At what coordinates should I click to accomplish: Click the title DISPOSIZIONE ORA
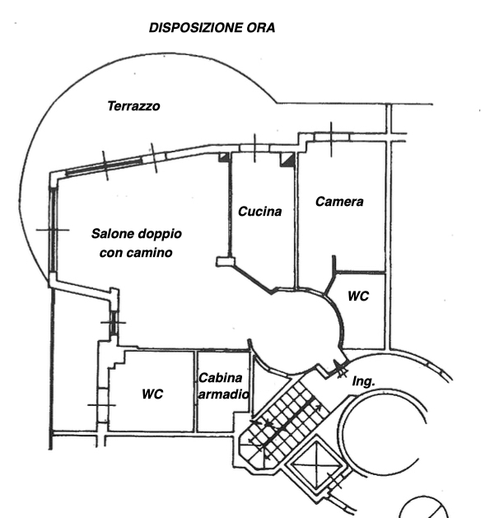pyautogui.click(x=212, y=27)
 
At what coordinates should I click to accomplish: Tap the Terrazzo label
pyautogui.click(x=133, y=106)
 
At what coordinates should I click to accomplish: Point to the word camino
pyautogui.click(x=152, y=254)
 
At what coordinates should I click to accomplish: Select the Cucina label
pyautogui.click(x=260, y=212)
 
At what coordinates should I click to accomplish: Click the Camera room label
pyautogui.click(x=339, y=201)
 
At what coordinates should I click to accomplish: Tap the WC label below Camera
pyautogui.click(x=358, y=296)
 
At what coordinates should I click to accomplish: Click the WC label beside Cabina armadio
pyautogui.click(x=152, y=394)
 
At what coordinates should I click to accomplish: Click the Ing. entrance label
pyautogui.click(x=363, y=382)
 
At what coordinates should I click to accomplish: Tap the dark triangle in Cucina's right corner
pyautogui.click(x=287, y=160)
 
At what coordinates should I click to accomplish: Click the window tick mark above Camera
pyautogui.click(x=330, y=138)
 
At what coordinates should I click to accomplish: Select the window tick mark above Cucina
pyautogui.click(x=254, y=147)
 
